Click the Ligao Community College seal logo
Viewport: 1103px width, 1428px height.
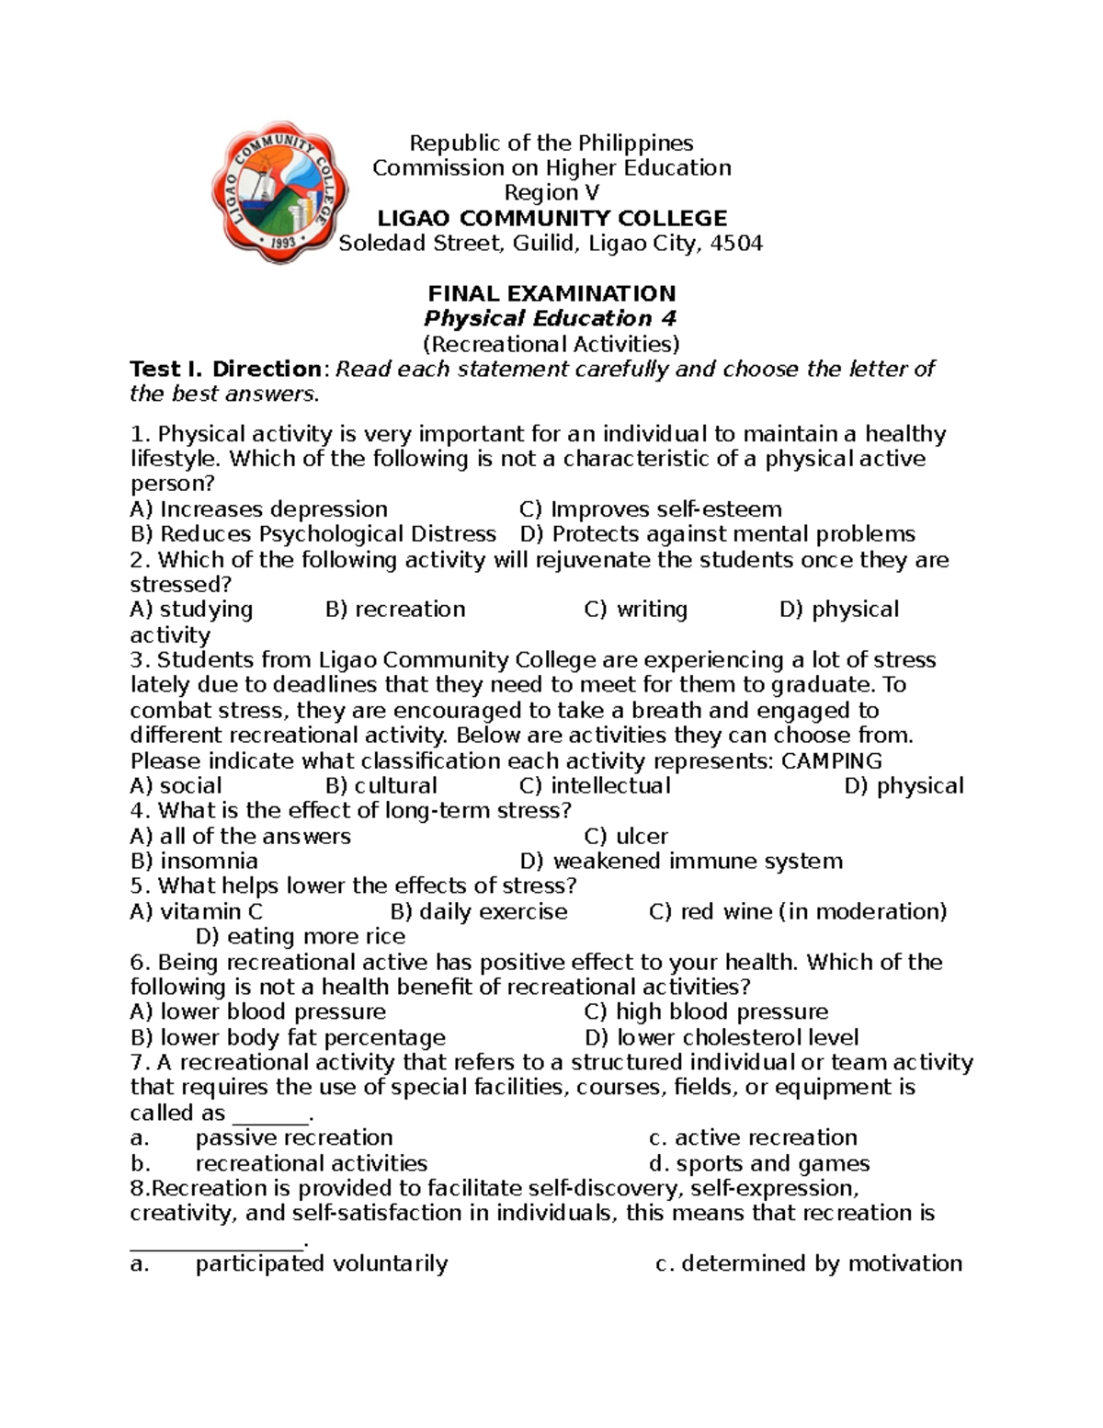[279, 192]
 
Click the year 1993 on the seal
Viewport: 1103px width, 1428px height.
[279, 246]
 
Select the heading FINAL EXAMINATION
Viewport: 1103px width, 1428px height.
[551, 294]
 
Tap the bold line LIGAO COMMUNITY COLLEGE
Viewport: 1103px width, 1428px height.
[551, 219]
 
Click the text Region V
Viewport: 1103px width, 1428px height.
[551, 193]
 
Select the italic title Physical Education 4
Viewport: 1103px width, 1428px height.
[550, 319]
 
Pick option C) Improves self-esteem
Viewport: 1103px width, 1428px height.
[650, 509]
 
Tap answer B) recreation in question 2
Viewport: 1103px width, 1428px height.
[395, 610]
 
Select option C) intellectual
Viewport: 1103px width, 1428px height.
[595, 786]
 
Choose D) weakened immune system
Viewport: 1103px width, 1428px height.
[680, 862]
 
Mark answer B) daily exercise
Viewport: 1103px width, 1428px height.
[478, 912]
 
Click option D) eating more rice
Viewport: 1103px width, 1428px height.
[301, 937]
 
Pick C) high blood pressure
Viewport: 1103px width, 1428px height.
[705, 1012]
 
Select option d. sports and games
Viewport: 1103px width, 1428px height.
[758, 1164]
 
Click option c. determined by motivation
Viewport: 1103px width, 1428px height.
[808, 1264]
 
